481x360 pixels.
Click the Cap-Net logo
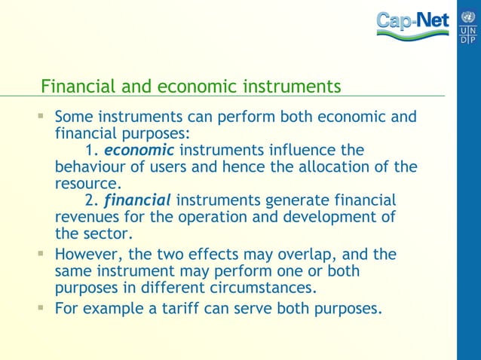[413, 24]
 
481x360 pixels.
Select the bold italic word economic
[139, 150]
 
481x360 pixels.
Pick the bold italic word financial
[137, 200]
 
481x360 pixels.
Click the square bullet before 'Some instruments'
[41, 117]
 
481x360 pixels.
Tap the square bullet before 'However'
[41, 254]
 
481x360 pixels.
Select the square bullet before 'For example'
[41, 307]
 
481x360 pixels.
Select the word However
[90, 254]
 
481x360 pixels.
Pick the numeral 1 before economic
[90, 150]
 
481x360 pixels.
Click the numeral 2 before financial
[90, 200]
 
